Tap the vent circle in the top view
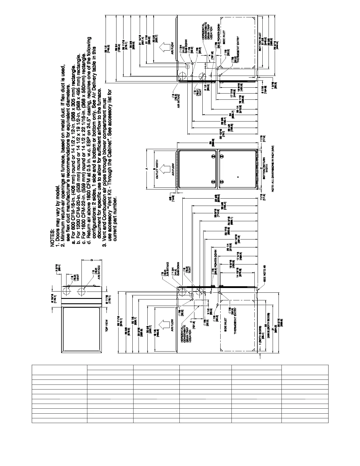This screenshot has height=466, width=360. [67, 292]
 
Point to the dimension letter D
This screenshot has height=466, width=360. [92, 260]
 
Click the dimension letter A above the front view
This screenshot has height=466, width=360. [146, 169]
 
